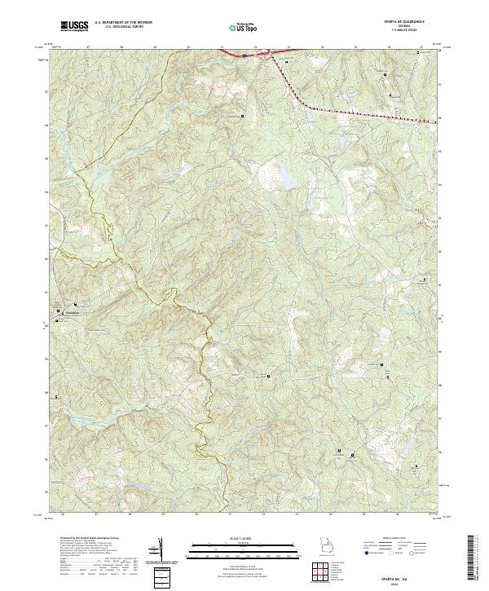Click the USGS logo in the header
click(73, 26)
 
